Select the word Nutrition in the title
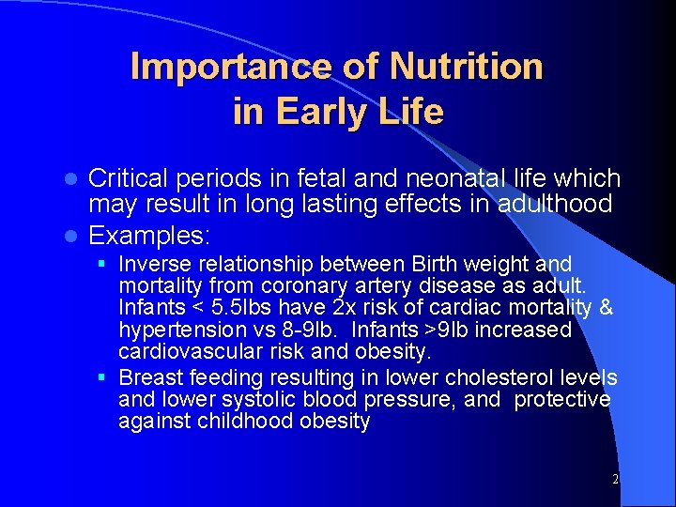click(466, 67)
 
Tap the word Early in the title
click(315, 112)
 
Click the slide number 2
click(615, 479)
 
